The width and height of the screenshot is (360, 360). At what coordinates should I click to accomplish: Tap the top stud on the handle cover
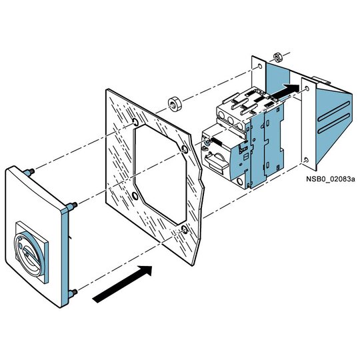click(29, 172)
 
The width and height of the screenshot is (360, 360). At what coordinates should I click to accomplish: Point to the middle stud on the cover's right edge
click(71, 206)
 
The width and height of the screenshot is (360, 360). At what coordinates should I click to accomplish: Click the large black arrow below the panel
click(122, 284)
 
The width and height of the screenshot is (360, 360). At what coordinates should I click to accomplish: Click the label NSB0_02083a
click(331, 179)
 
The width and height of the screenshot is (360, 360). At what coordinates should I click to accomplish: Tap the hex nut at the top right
click(277, 57)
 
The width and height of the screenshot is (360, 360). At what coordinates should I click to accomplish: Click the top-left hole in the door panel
click(135, 122)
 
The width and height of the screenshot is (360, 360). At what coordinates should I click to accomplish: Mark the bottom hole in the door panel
click(185, 230)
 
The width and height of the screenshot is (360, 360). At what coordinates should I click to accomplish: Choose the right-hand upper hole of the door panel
click(185, 149)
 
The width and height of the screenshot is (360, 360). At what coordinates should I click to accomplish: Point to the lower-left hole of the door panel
click(135, 196)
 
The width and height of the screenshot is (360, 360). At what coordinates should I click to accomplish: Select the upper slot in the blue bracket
click(334, 111)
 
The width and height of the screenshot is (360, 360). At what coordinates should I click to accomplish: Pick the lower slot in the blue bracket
click(334, 123)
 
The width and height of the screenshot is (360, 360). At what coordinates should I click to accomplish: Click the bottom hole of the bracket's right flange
click(305, 160)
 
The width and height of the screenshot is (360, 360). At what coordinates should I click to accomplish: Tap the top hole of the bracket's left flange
click(260, 67)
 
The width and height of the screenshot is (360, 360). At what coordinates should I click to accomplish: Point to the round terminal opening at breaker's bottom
click(240, 182)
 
